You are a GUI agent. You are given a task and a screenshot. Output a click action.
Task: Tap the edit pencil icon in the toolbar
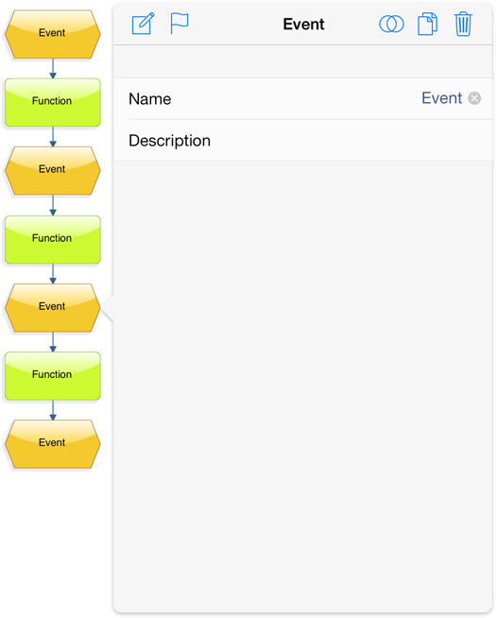(143, 24)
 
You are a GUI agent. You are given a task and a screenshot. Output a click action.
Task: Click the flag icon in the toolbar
(180, 24)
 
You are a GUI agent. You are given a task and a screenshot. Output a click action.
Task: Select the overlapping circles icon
(391, 24)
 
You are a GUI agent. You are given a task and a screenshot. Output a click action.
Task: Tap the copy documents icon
(427, 24)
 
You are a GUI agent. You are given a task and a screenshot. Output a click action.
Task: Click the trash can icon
(463, 24)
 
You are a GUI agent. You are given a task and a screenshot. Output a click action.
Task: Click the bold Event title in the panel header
(304, 25)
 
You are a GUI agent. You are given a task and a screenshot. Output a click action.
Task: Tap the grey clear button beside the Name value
(474, 98)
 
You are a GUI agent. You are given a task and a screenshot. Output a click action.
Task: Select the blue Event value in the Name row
(441, 98)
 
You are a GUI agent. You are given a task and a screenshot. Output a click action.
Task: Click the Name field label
(149, 99)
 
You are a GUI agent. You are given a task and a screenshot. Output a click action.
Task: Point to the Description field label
(169, 141)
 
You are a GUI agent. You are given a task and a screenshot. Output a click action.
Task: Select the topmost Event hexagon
(52, 34)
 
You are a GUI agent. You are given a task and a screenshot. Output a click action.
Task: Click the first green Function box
(52, 102)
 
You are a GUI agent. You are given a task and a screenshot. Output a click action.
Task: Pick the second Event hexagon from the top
(52, 171)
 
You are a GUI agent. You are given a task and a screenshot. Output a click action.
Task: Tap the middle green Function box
(52, 240)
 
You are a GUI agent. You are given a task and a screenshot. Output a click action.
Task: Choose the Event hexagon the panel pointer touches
(52, 308)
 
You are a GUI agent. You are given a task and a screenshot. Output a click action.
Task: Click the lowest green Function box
(52, 376)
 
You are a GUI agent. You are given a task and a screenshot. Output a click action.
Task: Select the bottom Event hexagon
(52, 444)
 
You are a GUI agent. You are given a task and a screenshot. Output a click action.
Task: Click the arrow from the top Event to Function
(53, 69)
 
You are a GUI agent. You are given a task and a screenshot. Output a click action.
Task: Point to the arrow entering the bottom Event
(53, 410)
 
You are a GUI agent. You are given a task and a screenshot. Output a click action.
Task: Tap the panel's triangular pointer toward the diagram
(108, 308)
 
